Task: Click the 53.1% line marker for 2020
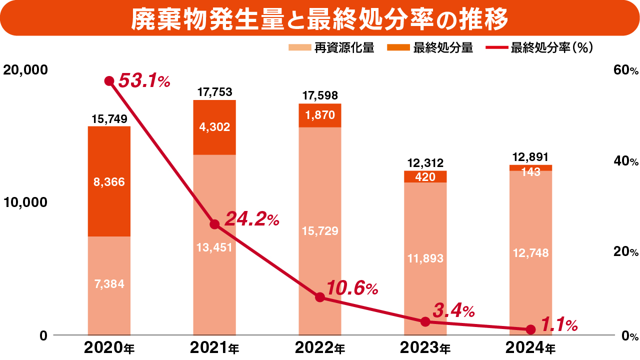pyautogui.click(x=109, y=81)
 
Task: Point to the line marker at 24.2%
pyautogui.click(x=214, y=224)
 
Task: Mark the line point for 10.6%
pyautogui.click(x=320, y=297)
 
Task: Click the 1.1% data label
pyautogui.click(x=559, y=325)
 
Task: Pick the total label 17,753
pyautogui.click(x=214, y=92)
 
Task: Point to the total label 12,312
pyautogui.click(x=425, y=163)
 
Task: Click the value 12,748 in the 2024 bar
pyautogui.click(x=530, y=253)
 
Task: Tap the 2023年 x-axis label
pyautogui.click(x=425, y=347)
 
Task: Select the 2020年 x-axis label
pyautogui.click(x=109, y=347)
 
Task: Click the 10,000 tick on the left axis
pyautogui.click(x=25, y=202)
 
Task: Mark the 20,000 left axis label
pyautogui.click(x=25, y=69)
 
